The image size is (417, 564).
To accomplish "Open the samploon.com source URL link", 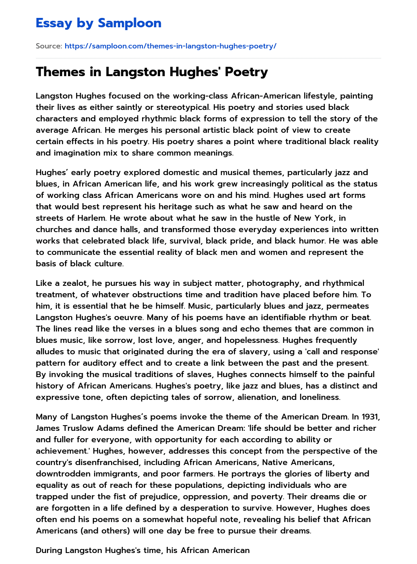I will (x=170, y=46).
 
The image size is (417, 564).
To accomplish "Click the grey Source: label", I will (x=49, y=46).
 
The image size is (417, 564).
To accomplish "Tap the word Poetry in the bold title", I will (x=246, y=72).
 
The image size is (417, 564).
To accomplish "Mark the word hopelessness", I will (x=244, y=340).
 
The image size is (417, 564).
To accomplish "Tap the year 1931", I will (x=369, y=417).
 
